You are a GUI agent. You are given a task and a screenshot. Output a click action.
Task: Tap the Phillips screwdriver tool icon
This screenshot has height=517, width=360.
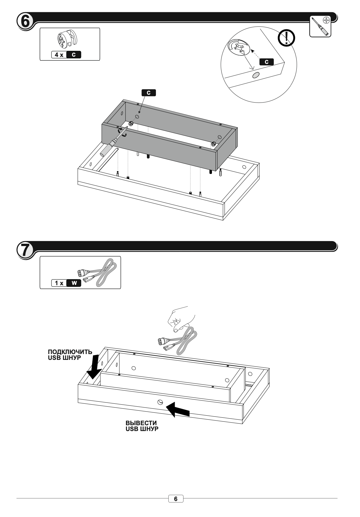click(x=320, y=26)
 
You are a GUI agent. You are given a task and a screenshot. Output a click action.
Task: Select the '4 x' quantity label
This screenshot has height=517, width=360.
click(x=59, y=55)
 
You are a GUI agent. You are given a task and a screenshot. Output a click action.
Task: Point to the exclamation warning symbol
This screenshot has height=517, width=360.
click(x=286, y=38)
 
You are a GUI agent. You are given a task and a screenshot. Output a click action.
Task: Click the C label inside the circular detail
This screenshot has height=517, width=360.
click(x=267, y=62)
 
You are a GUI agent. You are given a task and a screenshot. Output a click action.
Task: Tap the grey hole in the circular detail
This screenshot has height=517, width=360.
click(x=256, y=75)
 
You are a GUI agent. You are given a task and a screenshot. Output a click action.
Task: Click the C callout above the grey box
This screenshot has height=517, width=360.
click(x=149, y=93)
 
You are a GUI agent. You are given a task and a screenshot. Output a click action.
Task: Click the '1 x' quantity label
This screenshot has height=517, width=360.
click(x=59, y=283)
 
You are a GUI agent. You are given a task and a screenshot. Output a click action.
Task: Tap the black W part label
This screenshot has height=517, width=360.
click(x=74, y=283)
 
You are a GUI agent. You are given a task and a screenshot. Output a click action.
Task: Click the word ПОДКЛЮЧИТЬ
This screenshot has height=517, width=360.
click(x=70, y=352)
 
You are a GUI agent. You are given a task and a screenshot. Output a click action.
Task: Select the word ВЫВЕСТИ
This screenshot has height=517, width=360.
click(x=141, y=423)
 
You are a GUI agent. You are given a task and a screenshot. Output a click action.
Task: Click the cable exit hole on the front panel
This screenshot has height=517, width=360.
click(x=160, y=402)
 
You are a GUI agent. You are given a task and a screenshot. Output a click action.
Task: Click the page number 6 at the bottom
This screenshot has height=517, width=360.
click(x=176, y=499)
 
